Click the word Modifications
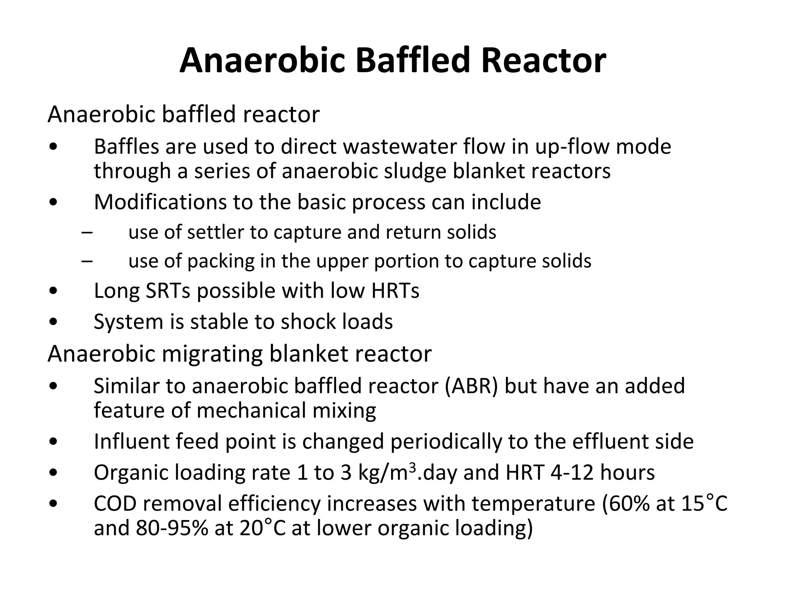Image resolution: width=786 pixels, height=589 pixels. click(x=160, y=202)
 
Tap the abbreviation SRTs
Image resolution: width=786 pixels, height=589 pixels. click(x=168, y=291)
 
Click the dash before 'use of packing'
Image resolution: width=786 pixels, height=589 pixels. click(x=87, y=262)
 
